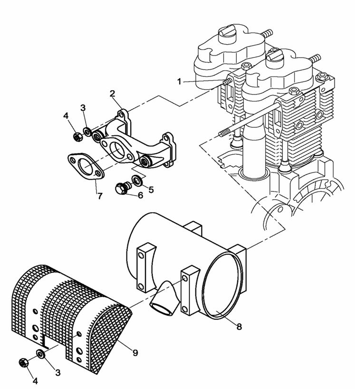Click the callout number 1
click(180, 82)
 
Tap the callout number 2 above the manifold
click(113, 94)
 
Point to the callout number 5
click(151, 190)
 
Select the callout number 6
click(140, 195)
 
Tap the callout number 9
click(135, 353)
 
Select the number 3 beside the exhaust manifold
click(84, 108)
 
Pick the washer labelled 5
click(136, 180)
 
